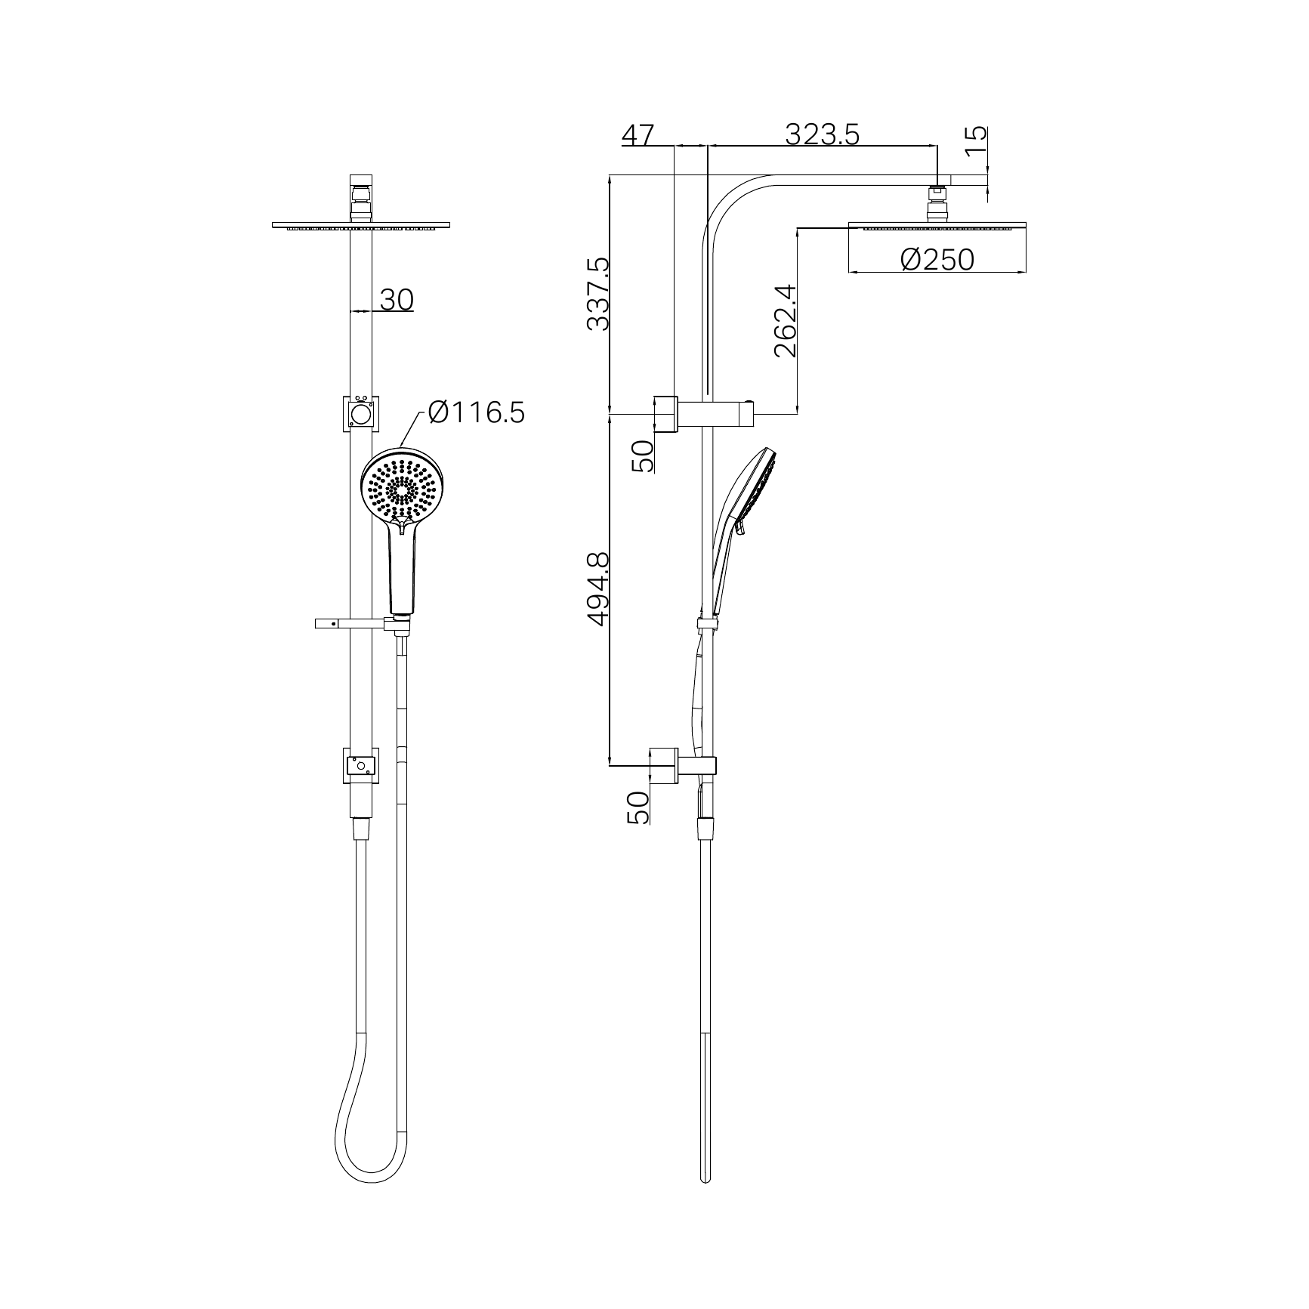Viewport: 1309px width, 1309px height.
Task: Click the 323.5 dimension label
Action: [822, 134]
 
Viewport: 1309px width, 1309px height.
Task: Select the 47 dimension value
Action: [638, 136]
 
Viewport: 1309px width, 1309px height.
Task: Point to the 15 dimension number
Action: [976, 139]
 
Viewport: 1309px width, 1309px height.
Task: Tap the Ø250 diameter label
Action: [937, 260]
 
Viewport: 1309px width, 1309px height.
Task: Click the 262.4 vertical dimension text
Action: [785, 320]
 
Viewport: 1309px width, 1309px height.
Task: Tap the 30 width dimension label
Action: [397, 300]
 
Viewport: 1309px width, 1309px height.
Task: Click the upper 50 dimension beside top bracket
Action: [641, 456]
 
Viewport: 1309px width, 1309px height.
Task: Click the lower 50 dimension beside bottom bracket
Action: [638, 807]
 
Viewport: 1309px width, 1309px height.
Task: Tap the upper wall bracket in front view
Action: [362, 413]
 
